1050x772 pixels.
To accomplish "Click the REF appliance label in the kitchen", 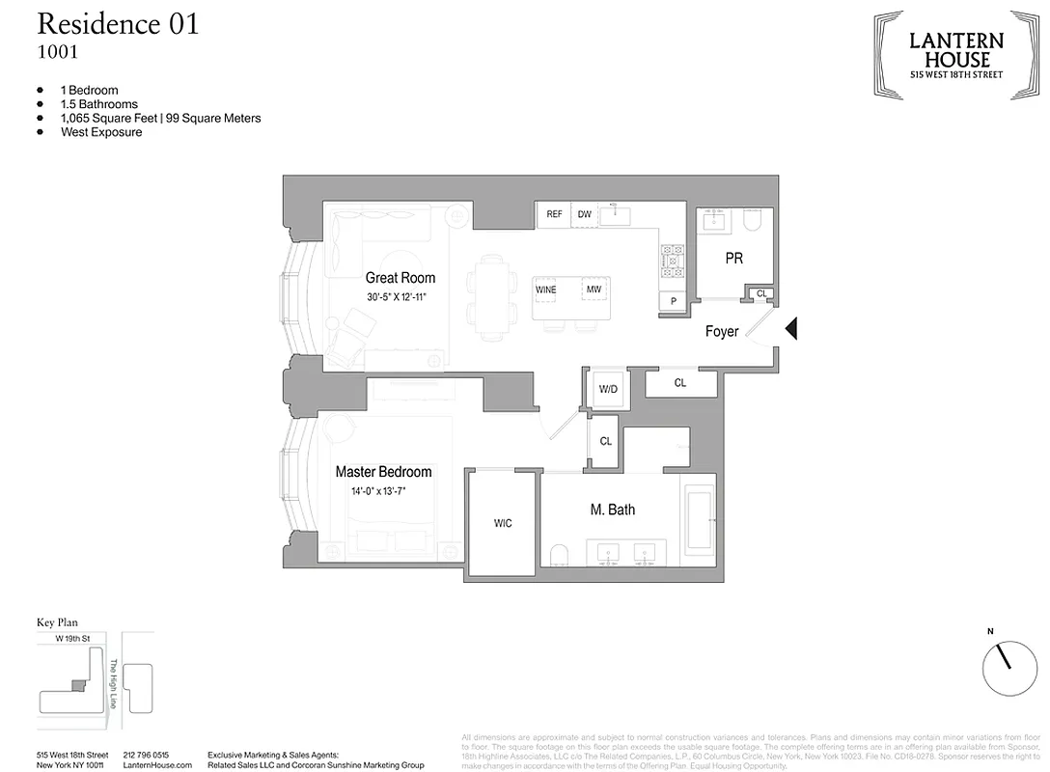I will click(x=554, y=214).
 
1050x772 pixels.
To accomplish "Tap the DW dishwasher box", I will click(x=584, y=214).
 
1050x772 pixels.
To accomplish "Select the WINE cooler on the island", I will click(x=546, y=289).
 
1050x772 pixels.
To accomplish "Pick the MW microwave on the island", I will click(x=592, y=289).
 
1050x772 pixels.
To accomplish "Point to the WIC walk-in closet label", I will click(x=503, y=524).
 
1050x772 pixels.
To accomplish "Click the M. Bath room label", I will click(x=612, y=510).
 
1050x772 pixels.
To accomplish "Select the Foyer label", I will click(x=722, y=331).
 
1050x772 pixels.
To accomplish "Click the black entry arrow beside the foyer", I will click(x=790, y=330).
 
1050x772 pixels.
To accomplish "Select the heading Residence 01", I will click(x=118, y=24).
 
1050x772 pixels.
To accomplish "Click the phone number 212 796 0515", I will click(x=146, y=754).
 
